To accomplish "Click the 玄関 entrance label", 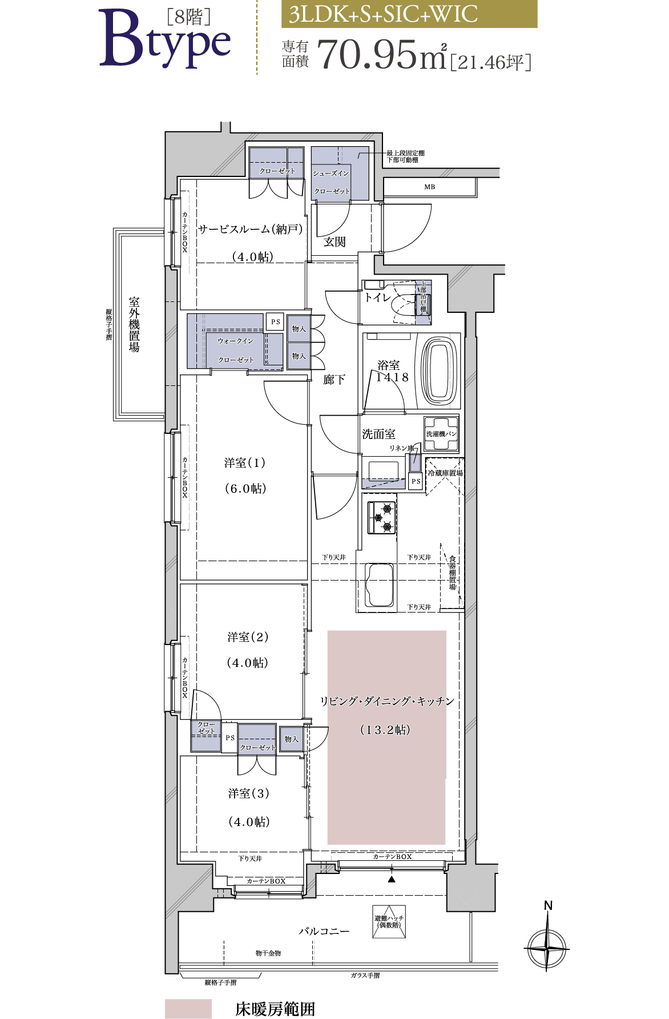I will pos(334,242).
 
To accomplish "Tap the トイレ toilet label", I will pos(378,297).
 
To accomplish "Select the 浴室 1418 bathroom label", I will pos(392,371).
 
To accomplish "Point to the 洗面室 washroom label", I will pos(378,434).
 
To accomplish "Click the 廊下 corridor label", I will pos(334,380).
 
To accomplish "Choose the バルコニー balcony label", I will pos(324,931).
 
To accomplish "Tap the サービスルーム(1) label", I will pos(243,229).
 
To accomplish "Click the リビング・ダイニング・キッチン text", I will pos(387,701).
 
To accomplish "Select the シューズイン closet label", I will pos(331,174).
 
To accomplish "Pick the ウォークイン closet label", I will pos(235,341).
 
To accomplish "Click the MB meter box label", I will pos(429,187).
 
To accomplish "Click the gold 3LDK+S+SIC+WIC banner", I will pos(409,14).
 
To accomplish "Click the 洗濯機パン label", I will pos(441,434).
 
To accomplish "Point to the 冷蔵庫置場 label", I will pos(445,473).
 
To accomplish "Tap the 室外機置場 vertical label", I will pos(134,324).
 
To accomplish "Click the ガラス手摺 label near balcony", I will pos(365,976).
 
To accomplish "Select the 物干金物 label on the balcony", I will pos(268,953).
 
